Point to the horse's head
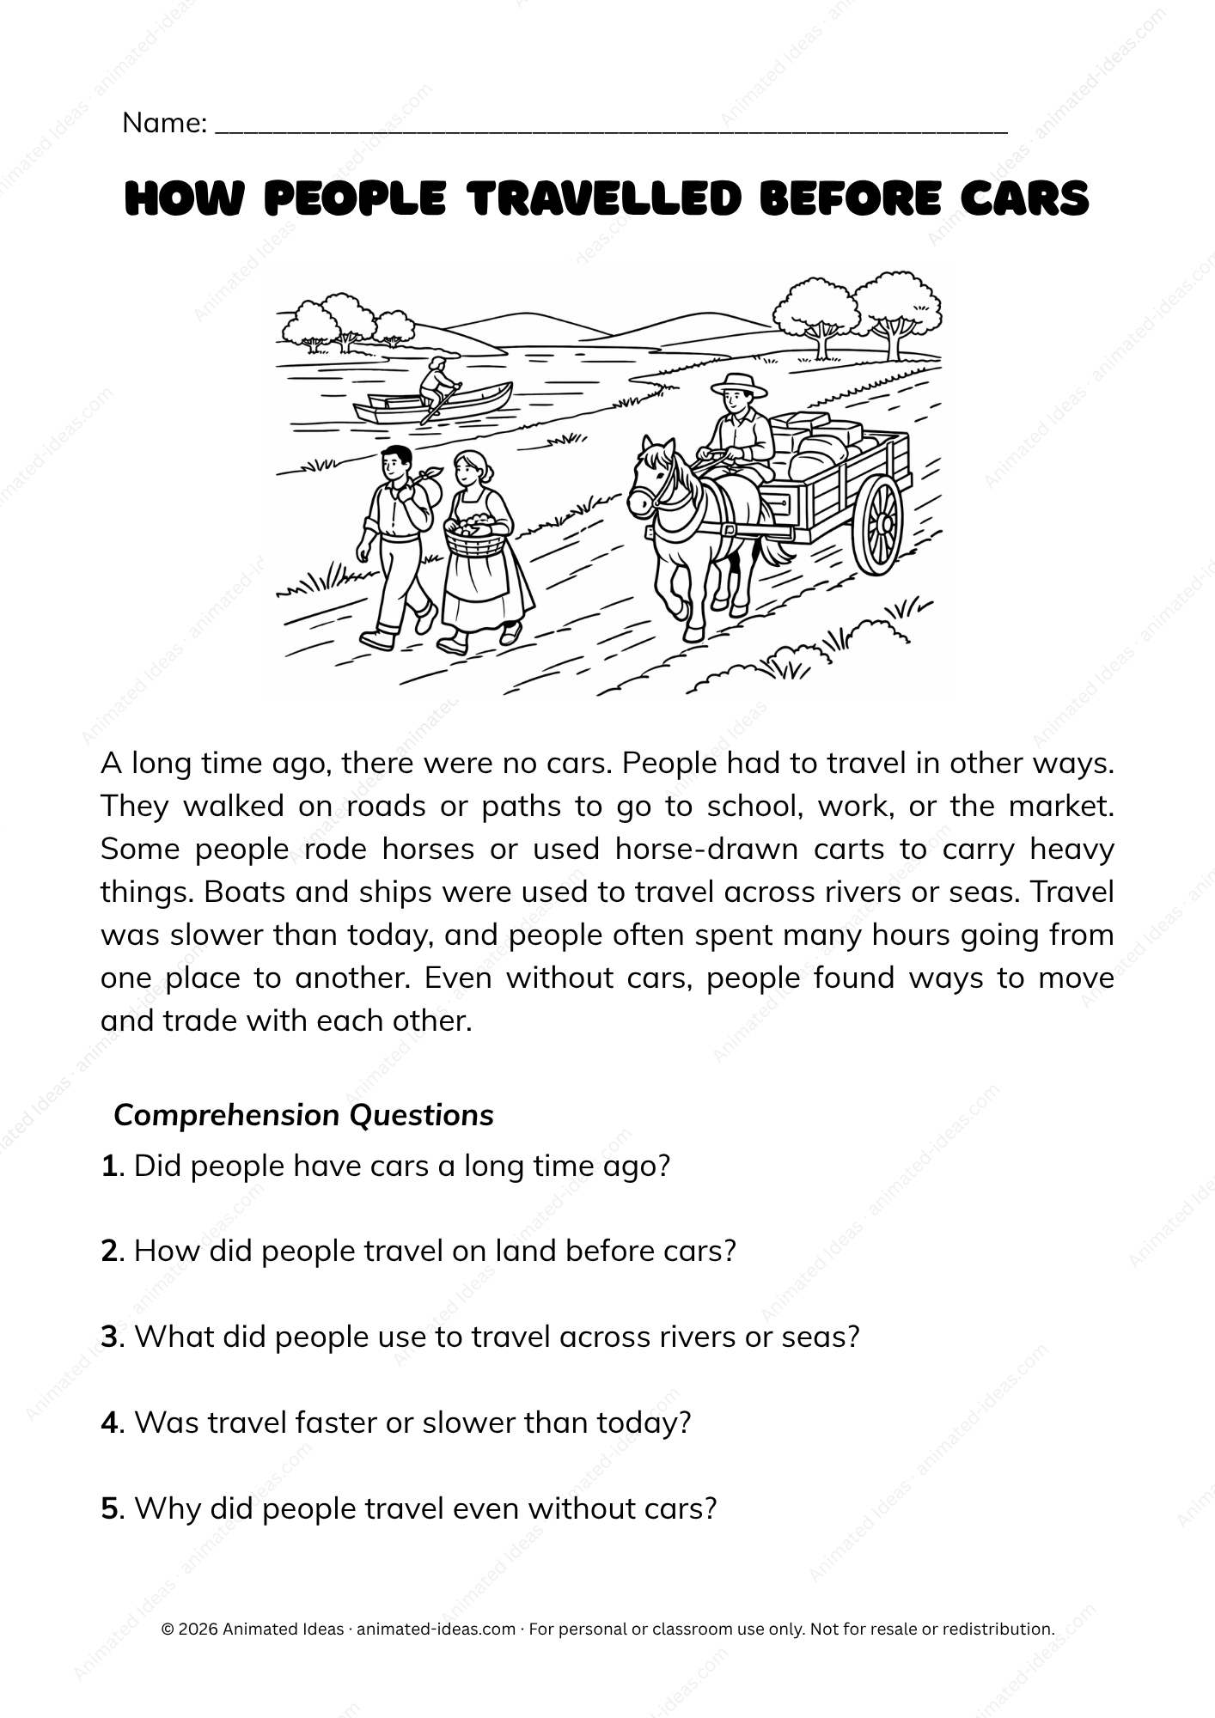(x=651, y=481)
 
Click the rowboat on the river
(x=434, y=402)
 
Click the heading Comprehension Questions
(x=303, y=1115)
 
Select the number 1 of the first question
(x=108, y=1166)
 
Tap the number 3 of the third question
(x=109, y=1337)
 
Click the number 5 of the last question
(x=109, y=1508)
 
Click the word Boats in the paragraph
(x=245, y=892)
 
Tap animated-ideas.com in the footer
(x=436, y=1629)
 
